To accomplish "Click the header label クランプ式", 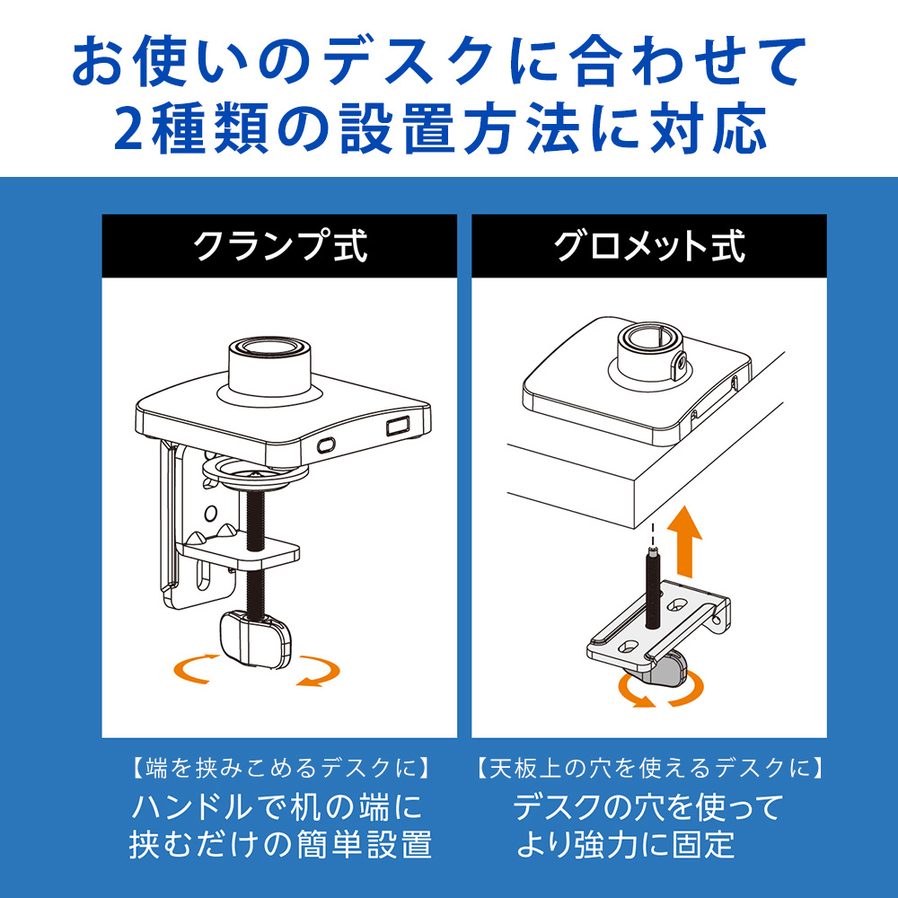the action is click(280, 246).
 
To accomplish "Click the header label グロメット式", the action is click(649, 246).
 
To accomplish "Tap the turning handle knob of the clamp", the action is click(255, 639).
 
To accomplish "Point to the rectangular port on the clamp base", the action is click(397, 426).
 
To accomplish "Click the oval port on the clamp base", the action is click(326, 445).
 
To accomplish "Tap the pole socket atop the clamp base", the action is click(269, 366).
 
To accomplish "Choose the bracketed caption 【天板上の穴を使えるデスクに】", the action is click(649, 768).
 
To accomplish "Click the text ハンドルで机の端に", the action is click(277, 806).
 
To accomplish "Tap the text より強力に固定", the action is click(626, 843).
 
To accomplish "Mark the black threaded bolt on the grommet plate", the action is click(653, 588).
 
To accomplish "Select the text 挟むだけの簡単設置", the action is click(280, 844).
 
